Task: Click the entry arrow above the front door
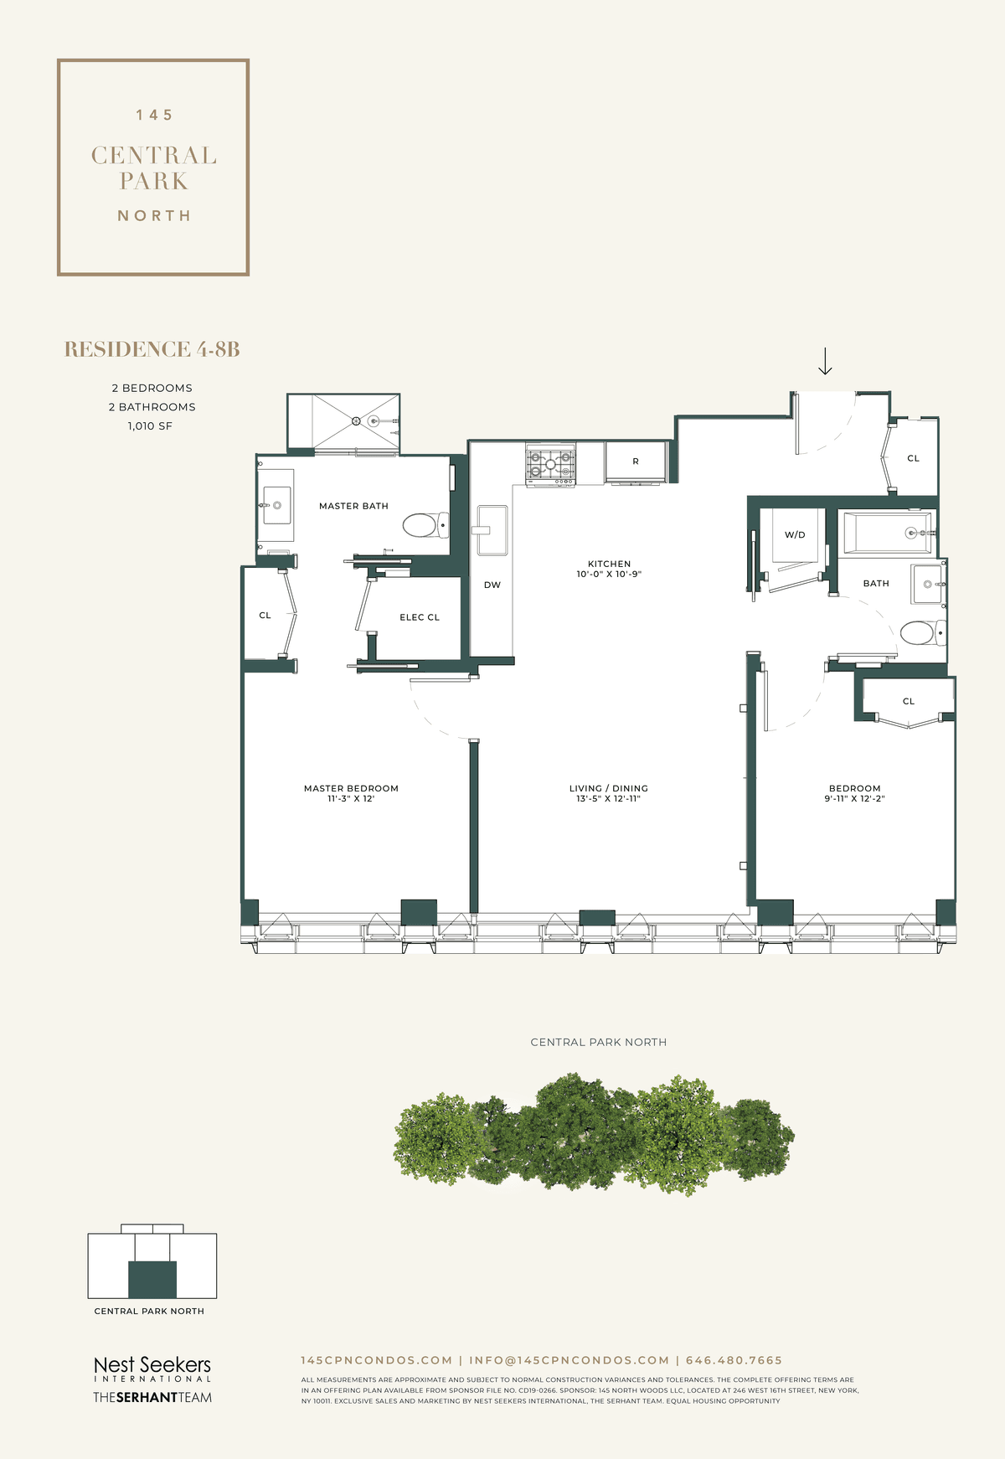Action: (x=825, y=361)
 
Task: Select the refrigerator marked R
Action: (x=636, y=462)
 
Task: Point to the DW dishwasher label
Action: (x=492, y=585)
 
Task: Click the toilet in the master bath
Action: (x=425, y=525)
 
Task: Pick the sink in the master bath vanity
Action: (x=276, y=505)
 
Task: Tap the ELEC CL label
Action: (x=420, y=617)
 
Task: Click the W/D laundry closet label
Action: (x=795, y=534)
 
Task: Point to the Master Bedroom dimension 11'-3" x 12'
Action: (x=351, y=799)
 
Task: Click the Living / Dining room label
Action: (x=609, y=788)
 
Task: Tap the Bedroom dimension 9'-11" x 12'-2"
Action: (x=855, y=799)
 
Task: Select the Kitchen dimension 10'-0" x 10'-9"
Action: (x=609, y=575)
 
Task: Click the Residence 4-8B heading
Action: (x=152, y=349)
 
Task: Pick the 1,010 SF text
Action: (x=151, y=426)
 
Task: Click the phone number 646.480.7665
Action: (x=734, y=1360)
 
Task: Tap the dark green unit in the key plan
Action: (x=152, y=1279)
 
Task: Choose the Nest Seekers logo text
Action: (x=152, y=1365)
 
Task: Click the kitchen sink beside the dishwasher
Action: (x=492, y=529)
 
